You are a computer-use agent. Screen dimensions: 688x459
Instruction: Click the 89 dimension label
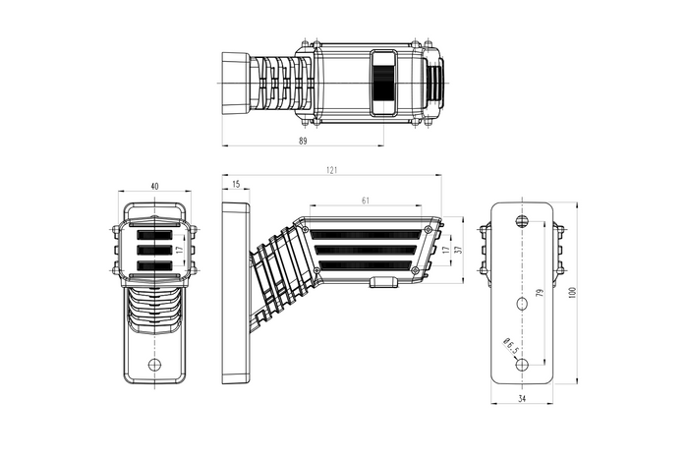pos(303,141)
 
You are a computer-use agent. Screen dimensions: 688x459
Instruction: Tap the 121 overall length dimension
pos(332,170)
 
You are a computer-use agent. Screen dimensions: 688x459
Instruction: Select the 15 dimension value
pos(236,184)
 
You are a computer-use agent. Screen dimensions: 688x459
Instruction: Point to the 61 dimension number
pos(366,201)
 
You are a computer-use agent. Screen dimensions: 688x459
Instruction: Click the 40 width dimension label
pos(154,186)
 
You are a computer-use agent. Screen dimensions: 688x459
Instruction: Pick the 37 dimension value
pos(459,250)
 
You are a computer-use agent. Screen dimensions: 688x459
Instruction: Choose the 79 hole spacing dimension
pos(541,292)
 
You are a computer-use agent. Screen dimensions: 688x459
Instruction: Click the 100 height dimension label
pos(572,293)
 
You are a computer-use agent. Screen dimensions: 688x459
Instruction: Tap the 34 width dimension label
pos(522,398)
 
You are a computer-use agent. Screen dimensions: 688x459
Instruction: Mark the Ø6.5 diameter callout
pos(512,345)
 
